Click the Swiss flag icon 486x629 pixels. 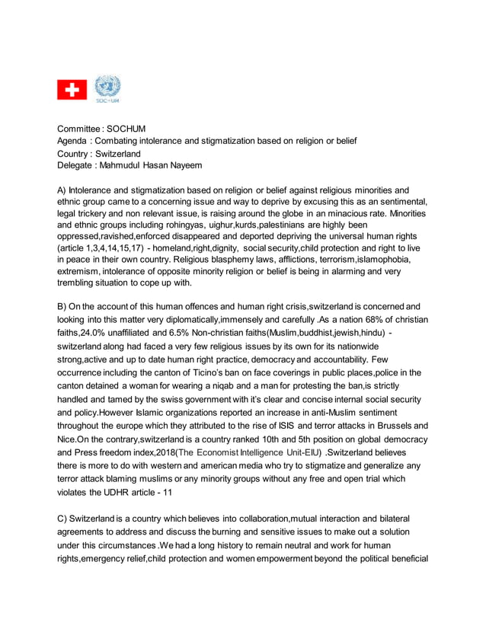pos(72,90)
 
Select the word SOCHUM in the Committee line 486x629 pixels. pos(127,129)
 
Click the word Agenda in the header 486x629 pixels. pos(75,141)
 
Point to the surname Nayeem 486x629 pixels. pos(187,165)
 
